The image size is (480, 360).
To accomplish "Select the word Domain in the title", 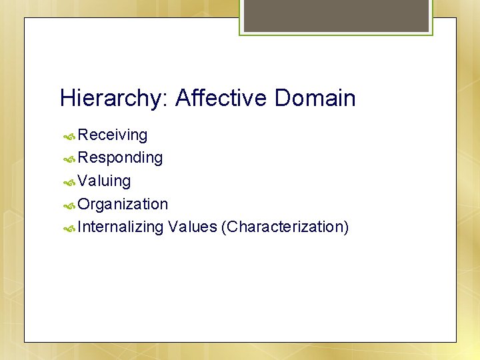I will [x=315, y=99].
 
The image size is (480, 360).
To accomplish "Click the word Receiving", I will [x=113, y=135].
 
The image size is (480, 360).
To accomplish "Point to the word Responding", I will [x=120, y=158].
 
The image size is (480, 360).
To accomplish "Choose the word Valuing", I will [x=104, y=181].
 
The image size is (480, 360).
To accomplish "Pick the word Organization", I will [x=123, y=204].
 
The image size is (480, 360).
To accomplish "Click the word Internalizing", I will [x=120, y=227].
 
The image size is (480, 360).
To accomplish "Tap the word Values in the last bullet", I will [x=193, y=227].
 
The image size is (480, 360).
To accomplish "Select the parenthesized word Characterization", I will [x=285, y=227].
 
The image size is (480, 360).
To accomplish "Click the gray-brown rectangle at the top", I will [x=336, y=15].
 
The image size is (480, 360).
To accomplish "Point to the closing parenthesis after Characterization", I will [x=346, y=227].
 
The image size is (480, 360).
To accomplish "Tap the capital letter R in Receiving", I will [x=83, y=135].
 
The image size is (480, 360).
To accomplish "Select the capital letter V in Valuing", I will [x=83, y=181].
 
